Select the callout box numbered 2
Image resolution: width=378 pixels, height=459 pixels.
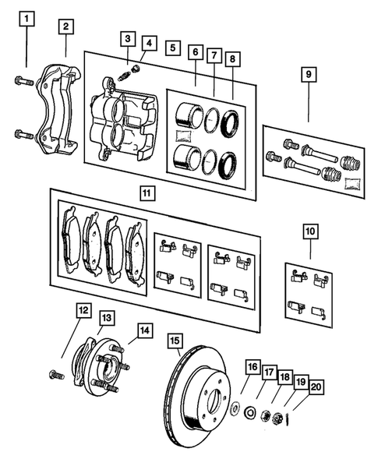66,26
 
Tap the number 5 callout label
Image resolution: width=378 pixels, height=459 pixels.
171,48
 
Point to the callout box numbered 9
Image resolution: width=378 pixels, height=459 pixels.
309,75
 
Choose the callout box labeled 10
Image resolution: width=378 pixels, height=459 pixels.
310,231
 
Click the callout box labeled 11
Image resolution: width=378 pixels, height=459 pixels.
145,191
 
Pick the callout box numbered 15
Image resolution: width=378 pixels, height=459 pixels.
175,340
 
